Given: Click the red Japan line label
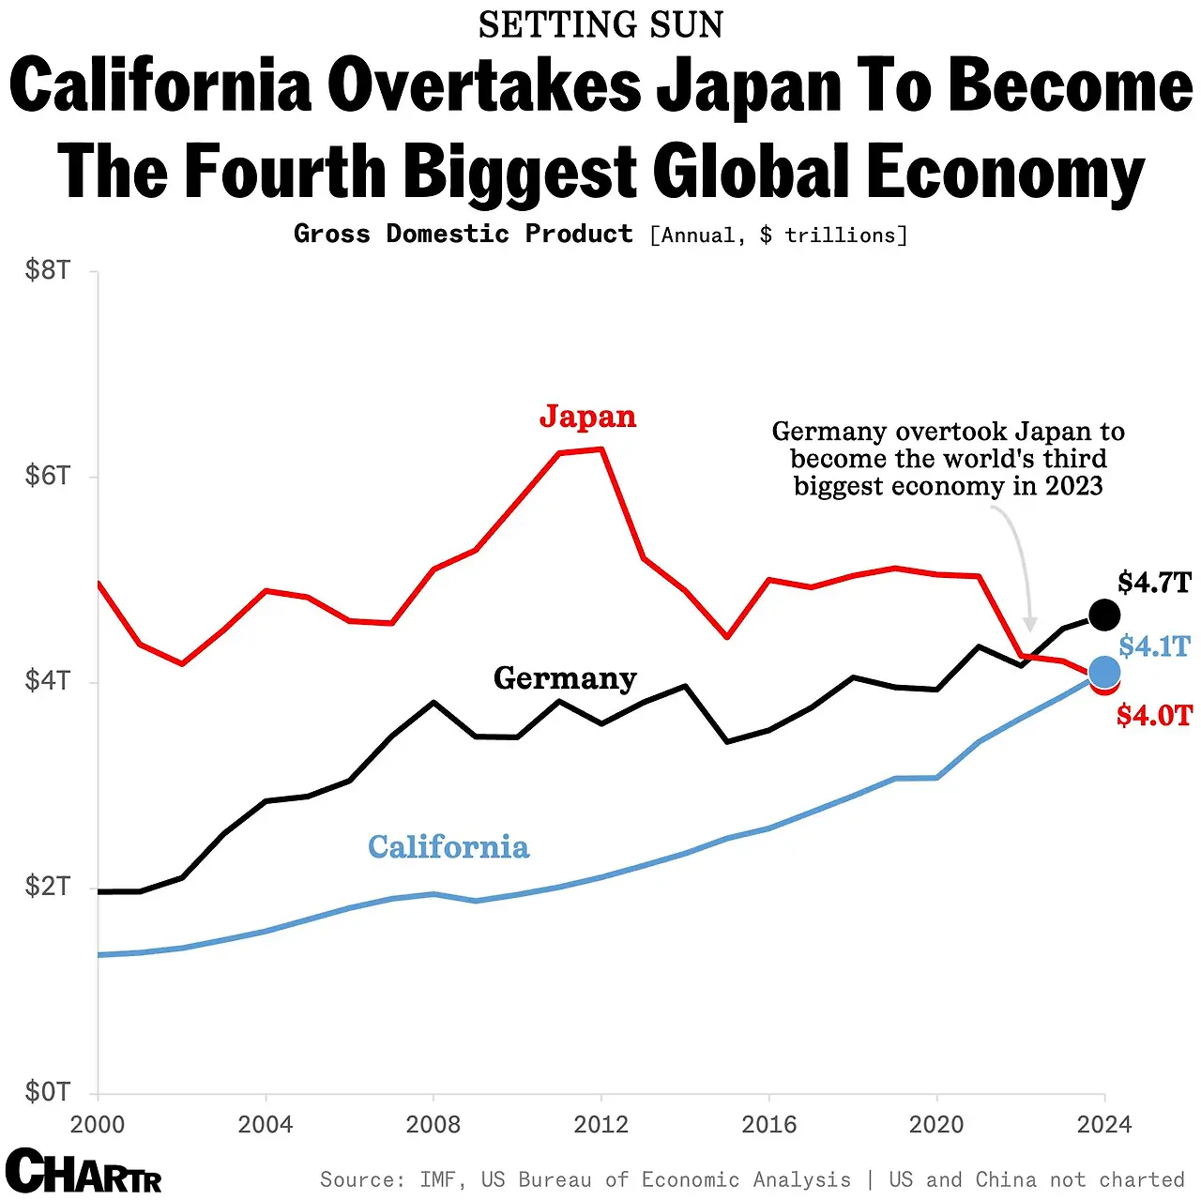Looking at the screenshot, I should [x=587, y=417].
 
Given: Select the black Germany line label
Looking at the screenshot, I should [x=565, y=678].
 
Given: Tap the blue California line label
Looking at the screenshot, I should [x=448, y=847].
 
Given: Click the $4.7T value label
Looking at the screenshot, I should [x=1154, y=583].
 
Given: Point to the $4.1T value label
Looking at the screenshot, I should [x=1154, y=646].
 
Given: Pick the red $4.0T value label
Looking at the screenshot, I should [x=1154, y=716].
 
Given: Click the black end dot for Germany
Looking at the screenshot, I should [x=1104, y=615].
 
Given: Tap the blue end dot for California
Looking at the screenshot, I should [x=1104, y=672].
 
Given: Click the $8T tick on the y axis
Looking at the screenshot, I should [x=48, y=271].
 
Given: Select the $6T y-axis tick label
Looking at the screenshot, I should [x=48, y=476].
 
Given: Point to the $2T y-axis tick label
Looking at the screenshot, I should [x=48, y=887].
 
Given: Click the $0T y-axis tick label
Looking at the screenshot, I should [x=48, y=1092].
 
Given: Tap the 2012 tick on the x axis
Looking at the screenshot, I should [x=600, y=1124].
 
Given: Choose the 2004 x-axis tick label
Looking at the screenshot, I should [x=266, y=1124].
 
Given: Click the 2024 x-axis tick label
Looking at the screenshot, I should [x=1104, y=1124].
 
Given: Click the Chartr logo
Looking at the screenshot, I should [x=84, y=1172].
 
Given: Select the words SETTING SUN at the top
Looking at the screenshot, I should [x=600, y=25].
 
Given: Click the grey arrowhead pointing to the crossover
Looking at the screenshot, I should [x=1030, y=625].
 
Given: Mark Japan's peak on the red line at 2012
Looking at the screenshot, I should [x=601, y=449].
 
